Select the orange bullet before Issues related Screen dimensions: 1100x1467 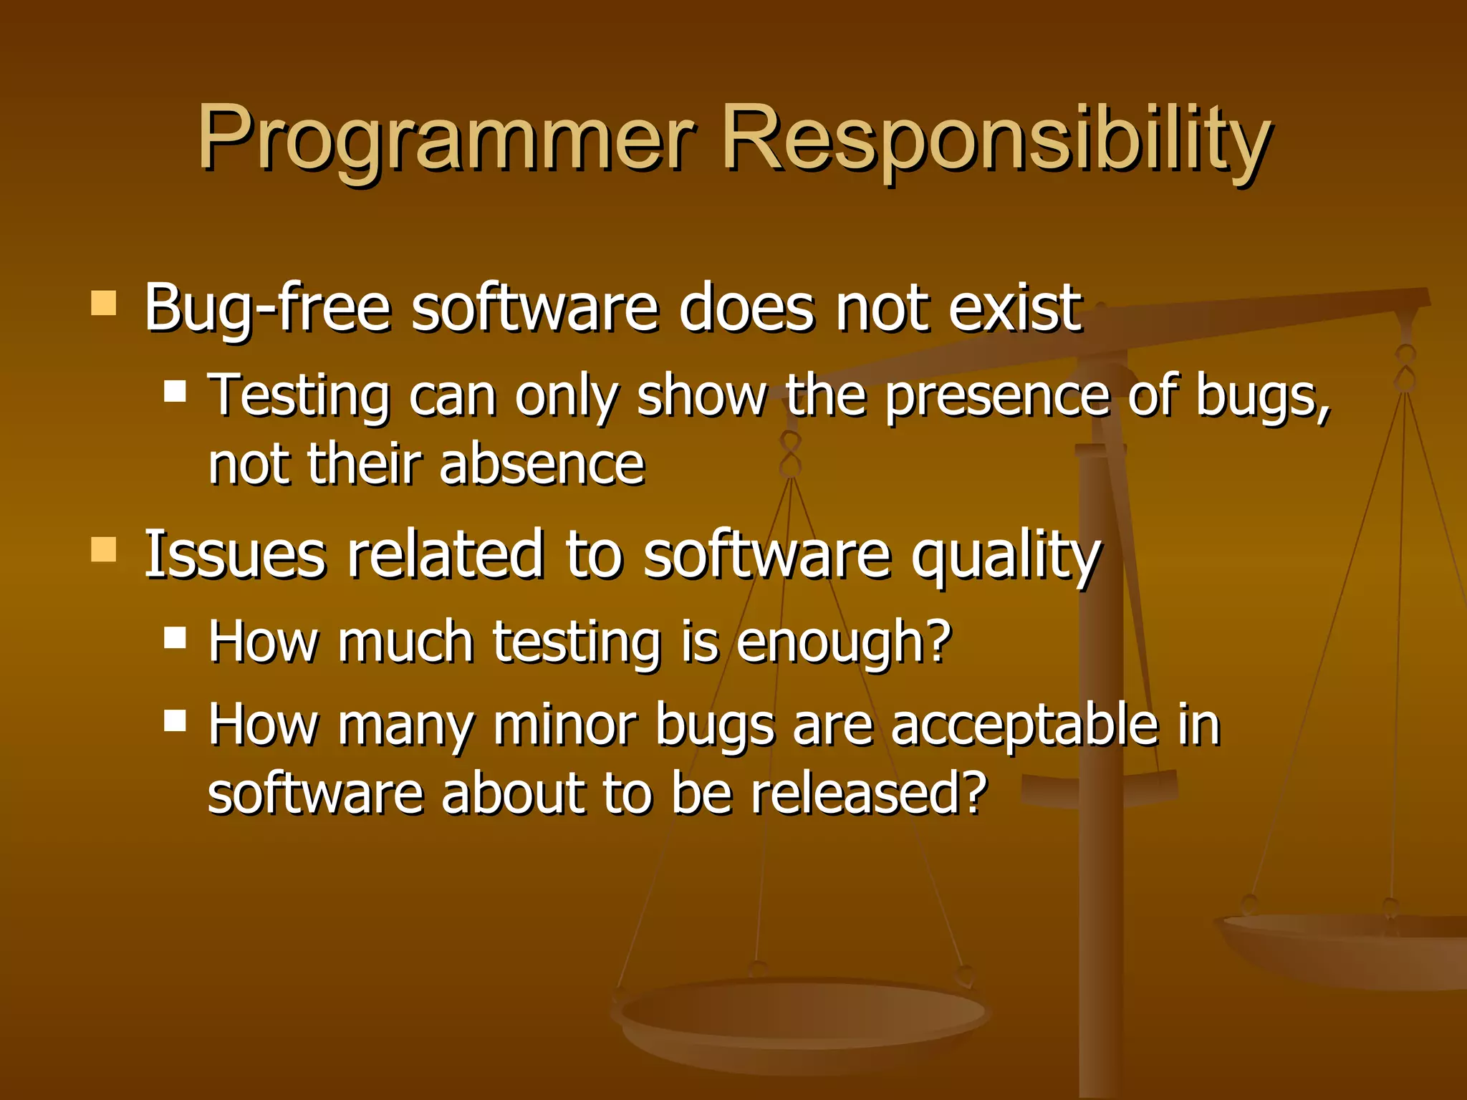104,550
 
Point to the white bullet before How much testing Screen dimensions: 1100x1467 175,637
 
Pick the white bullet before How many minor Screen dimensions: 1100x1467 175,720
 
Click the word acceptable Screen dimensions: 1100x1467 1024,725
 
